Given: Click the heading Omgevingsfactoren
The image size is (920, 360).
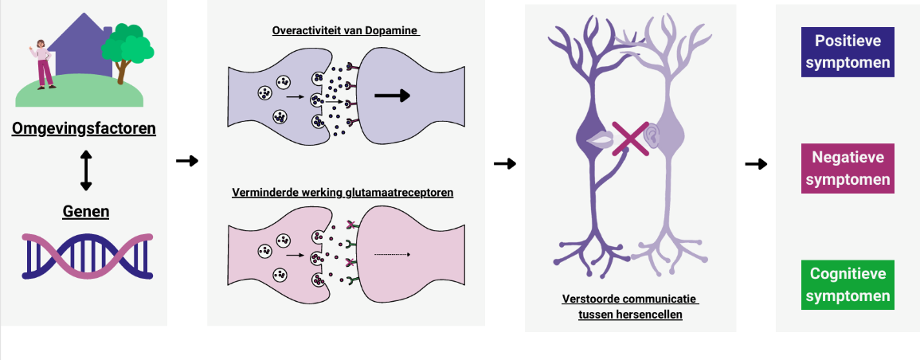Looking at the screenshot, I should (x=84, y=127).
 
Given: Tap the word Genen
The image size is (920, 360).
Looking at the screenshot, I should (x=86, y=211).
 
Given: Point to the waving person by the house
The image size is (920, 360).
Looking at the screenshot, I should (x=44, y=64).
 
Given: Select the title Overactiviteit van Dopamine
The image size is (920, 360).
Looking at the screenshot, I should (x=346, y=32).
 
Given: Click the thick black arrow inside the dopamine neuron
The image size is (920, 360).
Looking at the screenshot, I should (x=392, y=96).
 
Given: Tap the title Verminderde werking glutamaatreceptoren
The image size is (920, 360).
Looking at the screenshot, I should (x=343, y=193).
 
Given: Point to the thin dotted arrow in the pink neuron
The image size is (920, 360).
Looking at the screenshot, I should (x=392, y=255).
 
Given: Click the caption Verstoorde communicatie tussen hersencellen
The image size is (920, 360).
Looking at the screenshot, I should (x=629, y=307).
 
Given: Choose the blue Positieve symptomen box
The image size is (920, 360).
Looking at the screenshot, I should (x=848, y=53).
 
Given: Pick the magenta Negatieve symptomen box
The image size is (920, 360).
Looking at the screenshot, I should (x=848, y=169).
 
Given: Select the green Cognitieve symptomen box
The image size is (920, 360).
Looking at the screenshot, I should (x=848, y=285).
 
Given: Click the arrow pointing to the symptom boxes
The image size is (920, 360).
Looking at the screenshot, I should (x=756, y=164).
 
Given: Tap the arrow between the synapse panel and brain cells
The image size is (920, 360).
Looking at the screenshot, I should (x=505, y=164).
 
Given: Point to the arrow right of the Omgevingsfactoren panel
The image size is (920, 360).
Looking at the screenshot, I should (x=187, y=161).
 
